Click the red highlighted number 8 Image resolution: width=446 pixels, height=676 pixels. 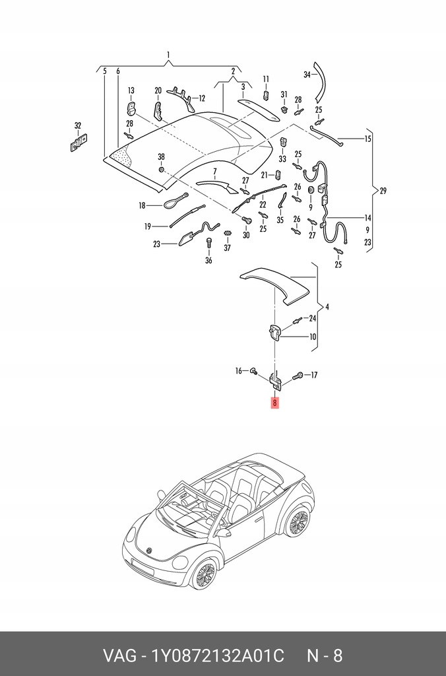click(274, 403)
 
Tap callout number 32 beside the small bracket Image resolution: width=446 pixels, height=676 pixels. click(78, 125)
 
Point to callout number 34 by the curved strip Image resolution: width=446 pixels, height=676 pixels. click(307, 75)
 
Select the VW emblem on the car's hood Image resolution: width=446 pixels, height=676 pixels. click(149, 550)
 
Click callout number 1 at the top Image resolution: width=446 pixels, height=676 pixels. click(169, 55)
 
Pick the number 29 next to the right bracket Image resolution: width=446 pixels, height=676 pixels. click(383, 191)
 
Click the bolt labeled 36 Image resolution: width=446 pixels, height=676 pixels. click(209, 244)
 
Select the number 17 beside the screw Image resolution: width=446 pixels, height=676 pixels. click(313, 376)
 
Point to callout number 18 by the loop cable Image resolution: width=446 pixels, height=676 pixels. click(141, 206)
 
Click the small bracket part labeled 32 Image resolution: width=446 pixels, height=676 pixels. click(79, 143)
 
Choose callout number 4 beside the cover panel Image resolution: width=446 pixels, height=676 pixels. click(327, 307)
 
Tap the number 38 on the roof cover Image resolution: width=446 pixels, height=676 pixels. click(161, 156)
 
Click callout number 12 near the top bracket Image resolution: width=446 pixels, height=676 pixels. click(202, 98)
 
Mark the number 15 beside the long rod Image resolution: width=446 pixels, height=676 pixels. click(367, 139)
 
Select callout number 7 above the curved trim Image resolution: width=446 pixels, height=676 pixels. click(214, 171)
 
